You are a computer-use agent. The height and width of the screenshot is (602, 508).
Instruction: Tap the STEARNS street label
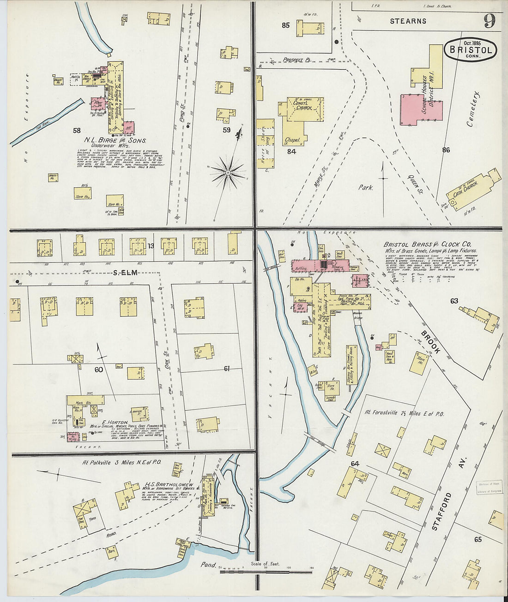[408, 21]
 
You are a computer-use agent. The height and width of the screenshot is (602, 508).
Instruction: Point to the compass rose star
[228, 173]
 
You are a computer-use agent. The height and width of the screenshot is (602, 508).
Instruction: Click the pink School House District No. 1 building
[421, 110]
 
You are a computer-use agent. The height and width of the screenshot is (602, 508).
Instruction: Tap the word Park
[366, 188]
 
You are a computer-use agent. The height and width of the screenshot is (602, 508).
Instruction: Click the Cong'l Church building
[302, 107]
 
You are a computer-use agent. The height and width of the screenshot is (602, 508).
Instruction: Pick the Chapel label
[292, 139]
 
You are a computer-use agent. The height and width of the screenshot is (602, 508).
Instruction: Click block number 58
[77, 131]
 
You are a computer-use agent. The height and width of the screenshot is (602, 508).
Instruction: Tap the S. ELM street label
[125, 273]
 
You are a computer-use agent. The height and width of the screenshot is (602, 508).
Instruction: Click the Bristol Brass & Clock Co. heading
[427, 244]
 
